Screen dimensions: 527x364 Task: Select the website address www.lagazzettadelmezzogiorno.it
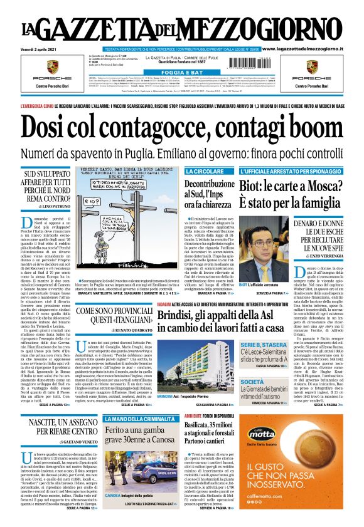coord(310,48)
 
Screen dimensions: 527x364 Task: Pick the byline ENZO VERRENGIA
coord(329,257)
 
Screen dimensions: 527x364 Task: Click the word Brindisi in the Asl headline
coord(179,316)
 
